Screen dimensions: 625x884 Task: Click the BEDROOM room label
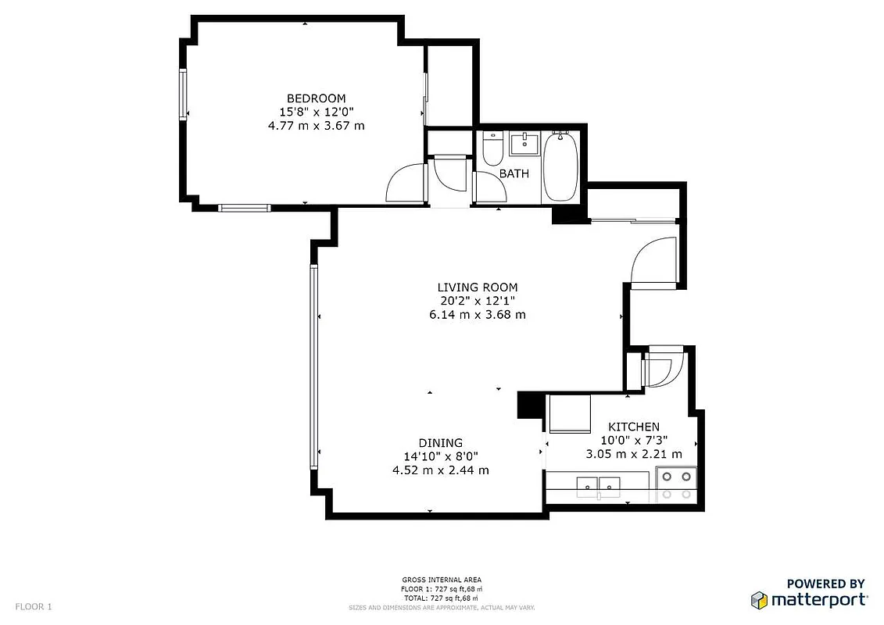coord(316,98)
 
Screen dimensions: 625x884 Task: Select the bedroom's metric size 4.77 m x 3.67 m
coord(316,125)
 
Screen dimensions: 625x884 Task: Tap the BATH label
coord(514,173)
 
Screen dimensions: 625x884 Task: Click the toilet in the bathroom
coord(492,148)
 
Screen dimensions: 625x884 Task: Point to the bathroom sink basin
coord(523,143)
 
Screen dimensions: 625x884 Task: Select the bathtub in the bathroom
coord(560,167)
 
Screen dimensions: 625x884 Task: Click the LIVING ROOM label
coord(477,287)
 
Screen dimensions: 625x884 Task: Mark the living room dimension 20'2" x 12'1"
coord(477,301)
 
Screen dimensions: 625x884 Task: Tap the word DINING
coord(440,442)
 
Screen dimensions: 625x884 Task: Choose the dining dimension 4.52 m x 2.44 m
coord(440,470)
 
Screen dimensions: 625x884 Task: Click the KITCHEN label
coord(633,427)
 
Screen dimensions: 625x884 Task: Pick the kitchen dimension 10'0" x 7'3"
coord(633,440)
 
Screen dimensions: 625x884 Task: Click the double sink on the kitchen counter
coord(598,487)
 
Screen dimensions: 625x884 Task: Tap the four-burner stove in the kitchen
coord(676,484)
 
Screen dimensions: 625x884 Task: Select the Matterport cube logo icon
coord(759,599)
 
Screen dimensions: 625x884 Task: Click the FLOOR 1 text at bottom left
coord(34,606)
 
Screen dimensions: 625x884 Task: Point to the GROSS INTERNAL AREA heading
coord(442,580)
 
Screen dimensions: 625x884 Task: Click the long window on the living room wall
coord(314,367)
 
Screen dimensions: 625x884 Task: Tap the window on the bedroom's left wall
coord(184,94)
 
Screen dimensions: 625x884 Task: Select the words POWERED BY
coord(825,584)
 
